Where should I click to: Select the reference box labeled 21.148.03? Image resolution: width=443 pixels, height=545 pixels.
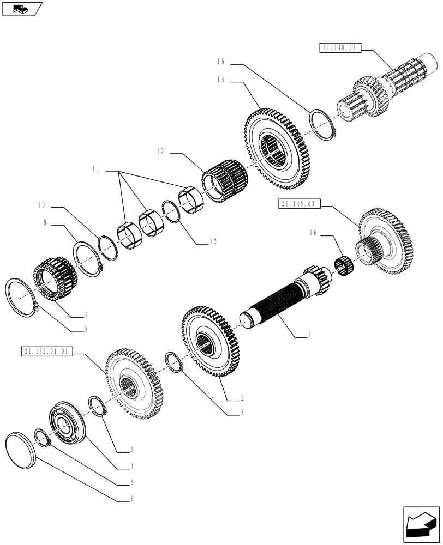pyautogui.click(x=300, y=204)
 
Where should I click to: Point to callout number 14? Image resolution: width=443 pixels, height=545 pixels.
pyautogui.click(x=220, y=80)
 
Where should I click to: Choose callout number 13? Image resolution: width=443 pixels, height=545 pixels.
pyautogui.click(x=159, y=152)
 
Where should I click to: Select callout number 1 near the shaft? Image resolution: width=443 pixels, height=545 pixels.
pyautogui.click(x=310, y=336)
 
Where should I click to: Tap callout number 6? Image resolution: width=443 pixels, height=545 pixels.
pyautogui.click(x=130, y=498)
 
